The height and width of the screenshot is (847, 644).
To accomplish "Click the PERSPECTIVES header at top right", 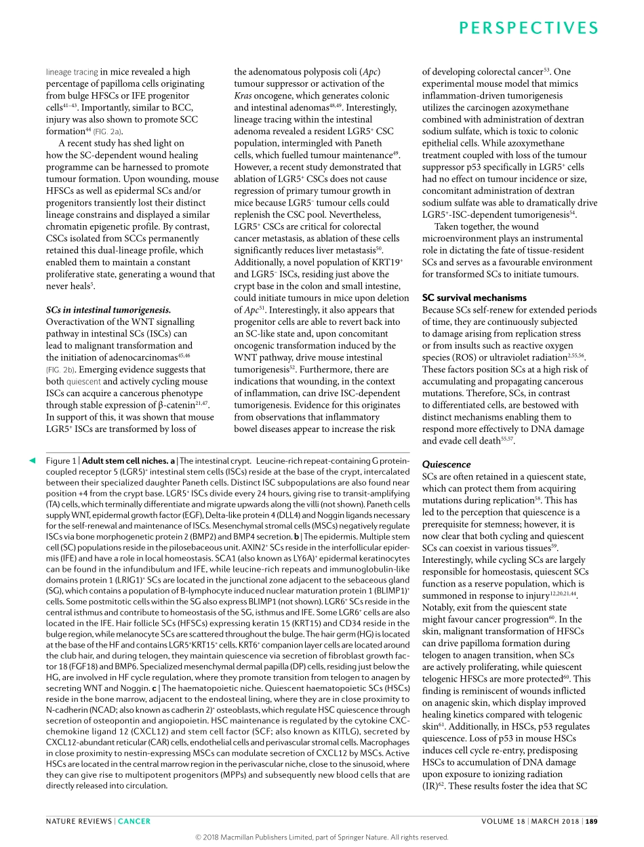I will point(528,28).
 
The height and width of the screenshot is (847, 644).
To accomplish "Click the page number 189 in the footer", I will point(592,821).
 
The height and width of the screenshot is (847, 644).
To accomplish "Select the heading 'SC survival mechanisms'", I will point(474,298).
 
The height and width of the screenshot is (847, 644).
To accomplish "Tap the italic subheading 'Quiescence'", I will point(446,465).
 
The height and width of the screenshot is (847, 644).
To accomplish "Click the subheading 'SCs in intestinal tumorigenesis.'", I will point(108,310).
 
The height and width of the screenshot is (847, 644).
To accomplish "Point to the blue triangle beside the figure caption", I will point(31,461).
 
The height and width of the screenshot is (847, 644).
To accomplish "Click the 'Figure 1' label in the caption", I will point(61,460).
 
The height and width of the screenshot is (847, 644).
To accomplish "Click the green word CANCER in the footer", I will point(134,821).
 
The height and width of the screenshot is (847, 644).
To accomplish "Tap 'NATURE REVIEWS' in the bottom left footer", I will point(79,821).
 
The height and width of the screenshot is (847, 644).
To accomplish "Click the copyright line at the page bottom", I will point(322,838).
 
